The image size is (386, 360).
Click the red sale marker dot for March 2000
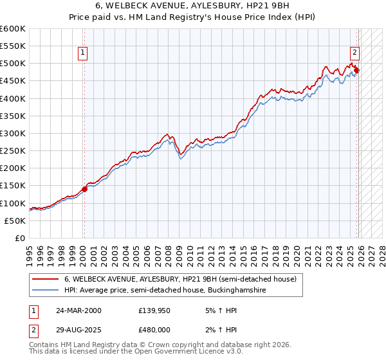[84, 189]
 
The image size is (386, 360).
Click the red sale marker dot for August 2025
[356, 71]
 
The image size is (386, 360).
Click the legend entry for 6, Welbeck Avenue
[179, 280]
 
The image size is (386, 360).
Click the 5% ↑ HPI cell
[219, 310]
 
